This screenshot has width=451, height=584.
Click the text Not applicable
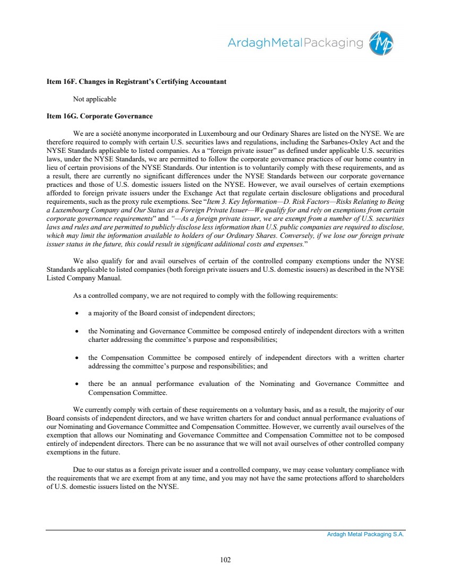95,99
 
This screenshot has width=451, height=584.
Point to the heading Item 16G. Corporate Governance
100,116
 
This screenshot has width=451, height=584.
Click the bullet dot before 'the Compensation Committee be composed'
78,358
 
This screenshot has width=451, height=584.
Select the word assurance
226,443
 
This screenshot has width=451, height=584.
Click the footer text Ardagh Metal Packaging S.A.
365,535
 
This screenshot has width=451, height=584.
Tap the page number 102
225,560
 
